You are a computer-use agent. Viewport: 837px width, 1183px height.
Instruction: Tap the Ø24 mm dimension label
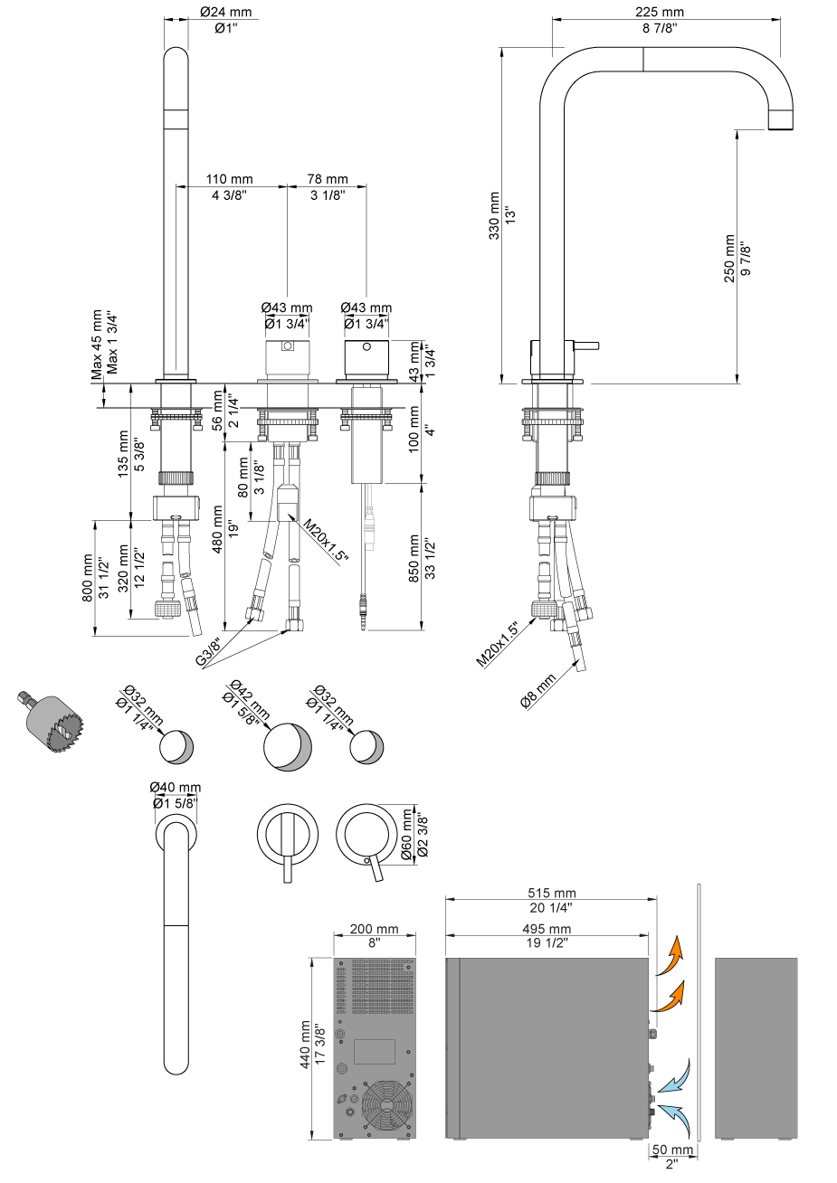pos(225,14)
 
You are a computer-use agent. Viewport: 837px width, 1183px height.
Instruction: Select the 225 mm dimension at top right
pos(660,12)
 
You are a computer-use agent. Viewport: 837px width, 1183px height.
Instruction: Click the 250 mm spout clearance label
pos(729,259)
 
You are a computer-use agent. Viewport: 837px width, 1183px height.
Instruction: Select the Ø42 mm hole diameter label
pos(247,698)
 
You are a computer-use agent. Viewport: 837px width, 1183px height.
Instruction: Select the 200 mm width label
pos(375,929)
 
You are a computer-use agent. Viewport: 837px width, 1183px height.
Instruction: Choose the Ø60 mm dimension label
pos(406,834)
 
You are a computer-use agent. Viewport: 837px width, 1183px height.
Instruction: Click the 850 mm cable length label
pos(415,559)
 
